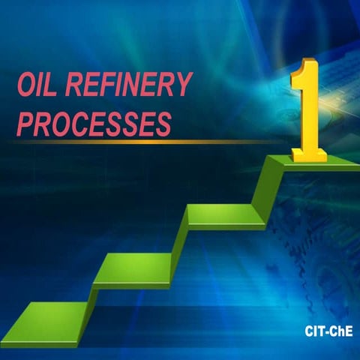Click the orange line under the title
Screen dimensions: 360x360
point(150,141)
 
